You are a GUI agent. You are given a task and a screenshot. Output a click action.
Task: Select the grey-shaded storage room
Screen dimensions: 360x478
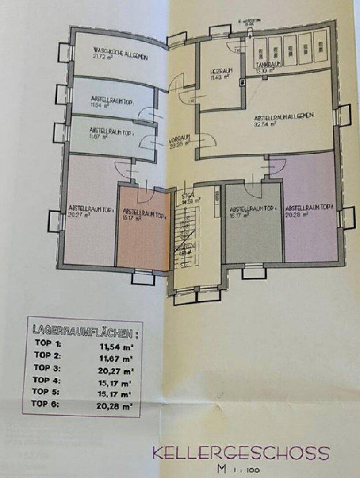[253, 235]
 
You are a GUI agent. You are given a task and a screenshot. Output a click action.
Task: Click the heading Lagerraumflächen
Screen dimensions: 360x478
[82, 331]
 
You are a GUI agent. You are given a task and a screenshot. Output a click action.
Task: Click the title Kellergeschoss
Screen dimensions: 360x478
[241, 453]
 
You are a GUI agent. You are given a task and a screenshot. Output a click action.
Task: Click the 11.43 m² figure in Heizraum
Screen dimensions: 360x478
[219, 77]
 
